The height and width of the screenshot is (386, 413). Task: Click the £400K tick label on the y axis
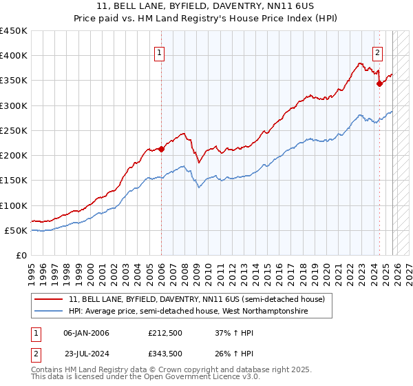14,56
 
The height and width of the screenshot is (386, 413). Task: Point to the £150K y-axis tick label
14,181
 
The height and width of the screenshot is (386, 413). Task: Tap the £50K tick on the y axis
17,230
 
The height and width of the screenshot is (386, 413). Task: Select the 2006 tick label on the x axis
161,269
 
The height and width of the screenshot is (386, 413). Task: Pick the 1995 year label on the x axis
32,269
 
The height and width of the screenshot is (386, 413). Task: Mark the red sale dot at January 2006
161,148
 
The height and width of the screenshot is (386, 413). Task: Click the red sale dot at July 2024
379,83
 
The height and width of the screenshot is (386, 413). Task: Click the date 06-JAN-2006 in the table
86,333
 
